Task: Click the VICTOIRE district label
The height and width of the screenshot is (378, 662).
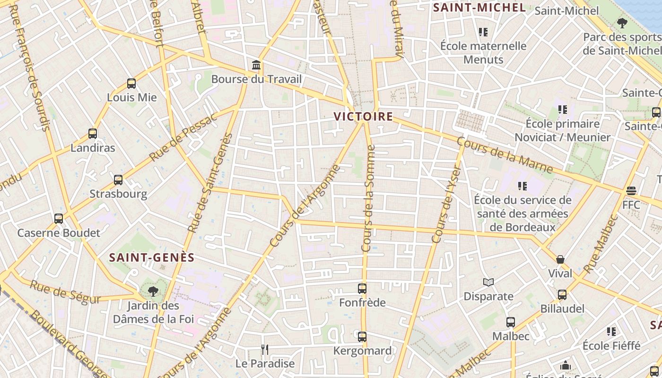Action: [x=363, y=116]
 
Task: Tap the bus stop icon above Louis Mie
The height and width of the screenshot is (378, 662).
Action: [x=131, y=84]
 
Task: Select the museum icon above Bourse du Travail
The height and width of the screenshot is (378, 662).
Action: [x=256, y=65]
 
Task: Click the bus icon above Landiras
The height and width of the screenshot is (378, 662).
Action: [x=93, y=134]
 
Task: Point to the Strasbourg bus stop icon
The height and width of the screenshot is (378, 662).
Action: [x=118, y=180]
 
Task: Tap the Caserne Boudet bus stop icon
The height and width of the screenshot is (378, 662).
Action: [x=59, y=219]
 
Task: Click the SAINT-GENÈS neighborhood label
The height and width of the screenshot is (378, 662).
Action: [x=152, y=258]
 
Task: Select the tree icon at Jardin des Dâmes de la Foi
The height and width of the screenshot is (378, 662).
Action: [x=153, y=291]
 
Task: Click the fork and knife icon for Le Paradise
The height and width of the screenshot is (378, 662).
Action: [x=265, y=350]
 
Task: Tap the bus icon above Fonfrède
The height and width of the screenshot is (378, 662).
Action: [x=362, y=288]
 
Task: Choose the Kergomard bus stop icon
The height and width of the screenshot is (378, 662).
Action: [x=362, y=337]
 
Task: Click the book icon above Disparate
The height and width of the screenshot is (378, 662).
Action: [x=488, y=282]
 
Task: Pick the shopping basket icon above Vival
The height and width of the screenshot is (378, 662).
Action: [x=560, y=259]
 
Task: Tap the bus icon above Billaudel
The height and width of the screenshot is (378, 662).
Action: [x=562, y=295]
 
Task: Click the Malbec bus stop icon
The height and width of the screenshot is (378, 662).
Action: [x=511, y=322]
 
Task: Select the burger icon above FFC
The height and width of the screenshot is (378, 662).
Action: [x=631, y=191]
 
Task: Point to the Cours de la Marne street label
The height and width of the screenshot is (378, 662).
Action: [x=505, y=155]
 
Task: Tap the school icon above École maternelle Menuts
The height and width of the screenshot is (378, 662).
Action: [x=483, y=32]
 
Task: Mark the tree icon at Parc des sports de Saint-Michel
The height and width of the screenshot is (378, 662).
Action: [x=622, y=23]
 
